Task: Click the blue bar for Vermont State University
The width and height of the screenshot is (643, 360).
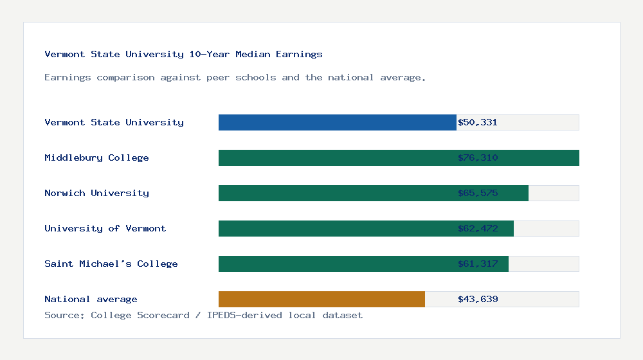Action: pyautogui.click(x=337, y=122)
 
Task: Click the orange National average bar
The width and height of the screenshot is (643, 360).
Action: pyautogui.click(x=321, y=299)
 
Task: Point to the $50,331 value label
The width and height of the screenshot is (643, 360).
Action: pyautogui.click(x=478, y=122)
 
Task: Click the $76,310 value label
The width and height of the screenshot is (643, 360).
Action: pyautogui.click(x=478, y=157)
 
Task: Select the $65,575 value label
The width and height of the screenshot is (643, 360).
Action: pyautogui.click(x=478, y=193)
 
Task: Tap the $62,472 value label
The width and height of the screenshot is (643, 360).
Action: pyautogui.click(x=478, y=228)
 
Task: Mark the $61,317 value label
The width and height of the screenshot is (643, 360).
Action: pyautogui.click(x=478, y=264)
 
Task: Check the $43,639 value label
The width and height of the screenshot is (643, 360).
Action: pyautogui.click(x=478, y=299)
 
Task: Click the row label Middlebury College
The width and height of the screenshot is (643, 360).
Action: pyautogui.click(x=96, y=157)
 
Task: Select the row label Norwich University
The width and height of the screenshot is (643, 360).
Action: pyautogui.click(x=96, y=193)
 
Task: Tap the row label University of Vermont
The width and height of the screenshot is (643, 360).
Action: pyautogui.click(x=105, y=228)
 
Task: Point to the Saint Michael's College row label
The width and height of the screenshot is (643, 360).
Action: pyautogui.click(x=111, y=264)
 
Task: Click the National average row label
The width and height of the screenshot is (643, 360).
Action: pyautogui.click(x=91, y=299)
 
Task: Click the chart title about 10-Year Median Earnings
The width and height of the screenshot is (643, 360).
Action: pyautogui.click(x=183, y=54)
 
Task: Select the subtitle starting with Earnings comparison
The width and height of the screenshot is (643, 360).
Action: pyautogui.click(x=235, y=77)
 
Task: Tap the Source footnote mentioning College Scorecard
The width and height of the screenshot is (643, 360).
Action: pyautogui.click(x=203, y=315)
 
